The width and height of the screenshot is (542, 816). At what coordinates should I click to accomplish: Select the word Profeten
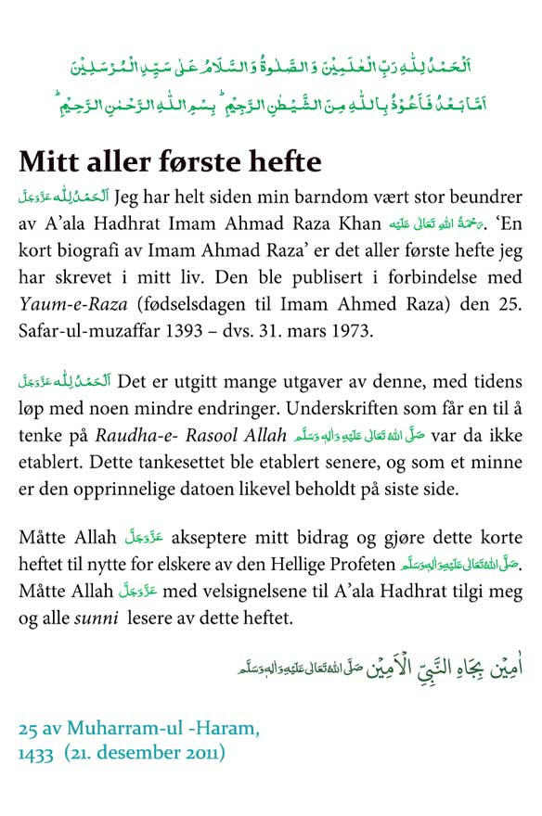point(357,563)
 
